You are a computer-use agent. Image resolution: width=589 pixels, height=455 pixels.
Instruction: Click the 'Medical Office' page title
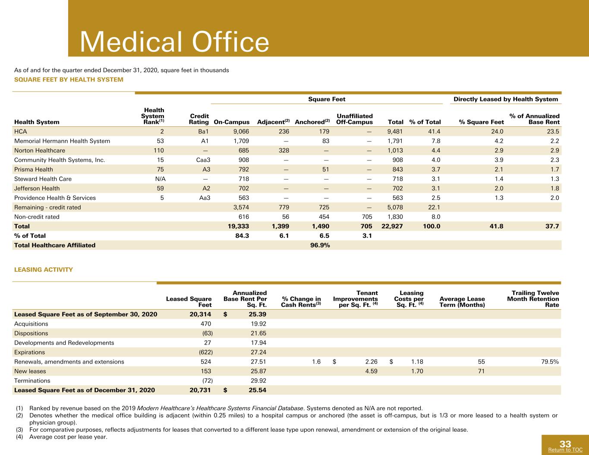(174, 42)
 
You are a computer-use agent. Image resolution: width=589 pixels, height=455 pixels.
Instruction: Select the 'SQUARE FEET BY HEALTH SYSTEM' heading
(69, 80)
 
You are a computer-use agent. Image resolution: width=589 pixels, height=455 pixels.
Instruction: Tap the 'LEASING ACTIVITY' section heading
(44, 270)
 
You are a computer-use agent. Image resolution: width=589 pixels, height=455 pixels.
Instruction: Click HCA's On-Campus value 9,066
(241, 132)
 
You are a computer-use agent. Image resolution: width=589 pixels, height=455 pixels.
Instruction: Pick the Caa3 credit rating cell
(203, 160)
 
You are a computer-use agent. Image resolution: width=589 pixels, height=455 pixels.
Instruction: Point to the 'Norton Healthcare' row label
(40, 151)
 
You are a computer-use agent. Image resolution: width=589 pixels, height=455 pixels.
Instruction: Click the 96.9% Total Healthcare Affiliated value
(320, 245)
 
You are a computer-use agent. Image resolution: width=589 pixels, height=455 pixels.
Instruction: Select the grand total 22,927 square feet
(392, 226)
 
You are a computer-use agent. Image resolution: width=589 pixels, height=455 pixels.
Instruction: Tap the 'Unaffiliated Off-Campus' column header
(355, 119)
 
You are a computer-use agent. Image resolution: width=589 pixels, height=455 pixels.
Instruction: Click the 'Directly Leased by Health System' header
(506, 99)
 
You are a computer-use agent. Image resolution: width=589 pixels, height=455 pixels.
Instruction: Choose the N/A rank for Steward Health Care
(159, 179)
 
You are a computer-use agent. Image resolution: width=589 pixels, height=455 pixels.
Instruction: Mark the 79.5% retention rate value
(550, 362)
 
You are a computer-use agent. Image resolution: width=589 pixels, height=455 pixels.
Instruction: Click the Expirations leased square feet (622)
(206, 352)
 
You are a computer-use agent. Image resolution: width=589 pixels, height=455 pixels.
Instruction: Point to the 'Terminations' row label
(32, 381)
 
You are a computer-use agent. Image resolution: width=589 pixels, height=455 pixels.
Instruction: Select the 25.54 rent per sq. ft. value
(258, 390)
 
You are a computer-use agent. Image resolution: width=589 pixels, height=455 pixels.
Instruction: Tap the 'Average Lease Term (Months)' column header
(462, 302)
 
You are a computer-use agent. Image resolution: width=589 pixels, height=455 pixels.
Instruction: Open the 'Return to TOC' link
(565, 450)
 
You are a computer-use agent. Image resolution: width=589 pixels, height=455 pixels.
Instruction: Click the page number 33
(565, 444)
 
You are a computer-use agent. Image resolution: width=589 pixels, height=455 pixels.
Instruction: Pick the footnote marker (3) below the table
(19, 430)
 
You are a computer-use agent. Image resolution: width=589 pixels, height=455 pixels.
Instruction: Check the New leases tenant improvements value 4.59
(372, 371)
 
